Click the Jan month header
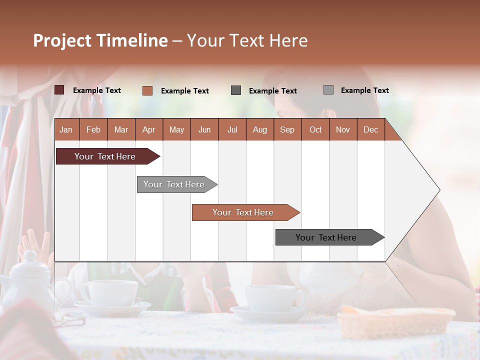tap(66, 130)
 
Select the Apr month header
tap(148, 130)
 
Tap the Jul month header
tap(232, 130)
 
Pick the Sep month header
tap(287, 130)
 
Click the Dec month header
tap(370, 130)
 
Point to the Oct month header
tap(315, 130)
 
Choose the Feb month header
tap(93, 130)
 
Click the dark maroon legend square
tap(59, 90)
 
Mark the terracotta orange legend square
tap(147, 90)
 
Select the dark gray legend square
tap(236, 90)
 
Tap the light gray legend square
tap(328, 90)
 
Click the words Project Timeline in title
tap(100, 40)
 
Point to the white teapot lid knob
tap(30, 256)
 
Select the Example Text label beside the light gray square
tap(364, 90)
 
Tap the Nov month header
tap(343, 130)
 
